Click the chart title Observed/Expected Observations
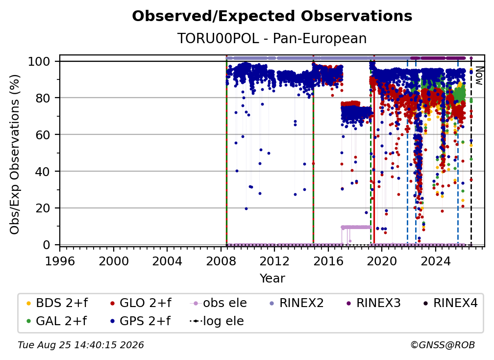point(272,16)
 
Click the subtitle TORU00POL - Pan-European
point(272,38)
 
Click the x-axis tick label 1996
point(60,261)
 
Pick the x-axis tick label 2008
point(221,261)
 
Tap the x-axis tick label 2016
point(328,261)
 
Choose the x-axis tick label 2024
point(435,261)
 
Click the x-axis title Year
point(272,279)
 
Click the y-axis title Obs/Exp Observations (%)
point(15,154)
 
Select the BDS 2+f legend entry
point(57,303)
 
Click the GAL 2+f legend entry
point(56,321)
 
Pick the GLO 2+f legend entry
point(141,303)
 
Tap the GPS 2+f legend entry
point(140,321)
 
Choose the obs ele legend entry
point(219,303)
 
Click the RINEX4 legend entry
point(450,303)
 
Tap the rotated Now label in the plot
point(479,76)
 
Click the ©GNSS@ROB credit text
point(443,345)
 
